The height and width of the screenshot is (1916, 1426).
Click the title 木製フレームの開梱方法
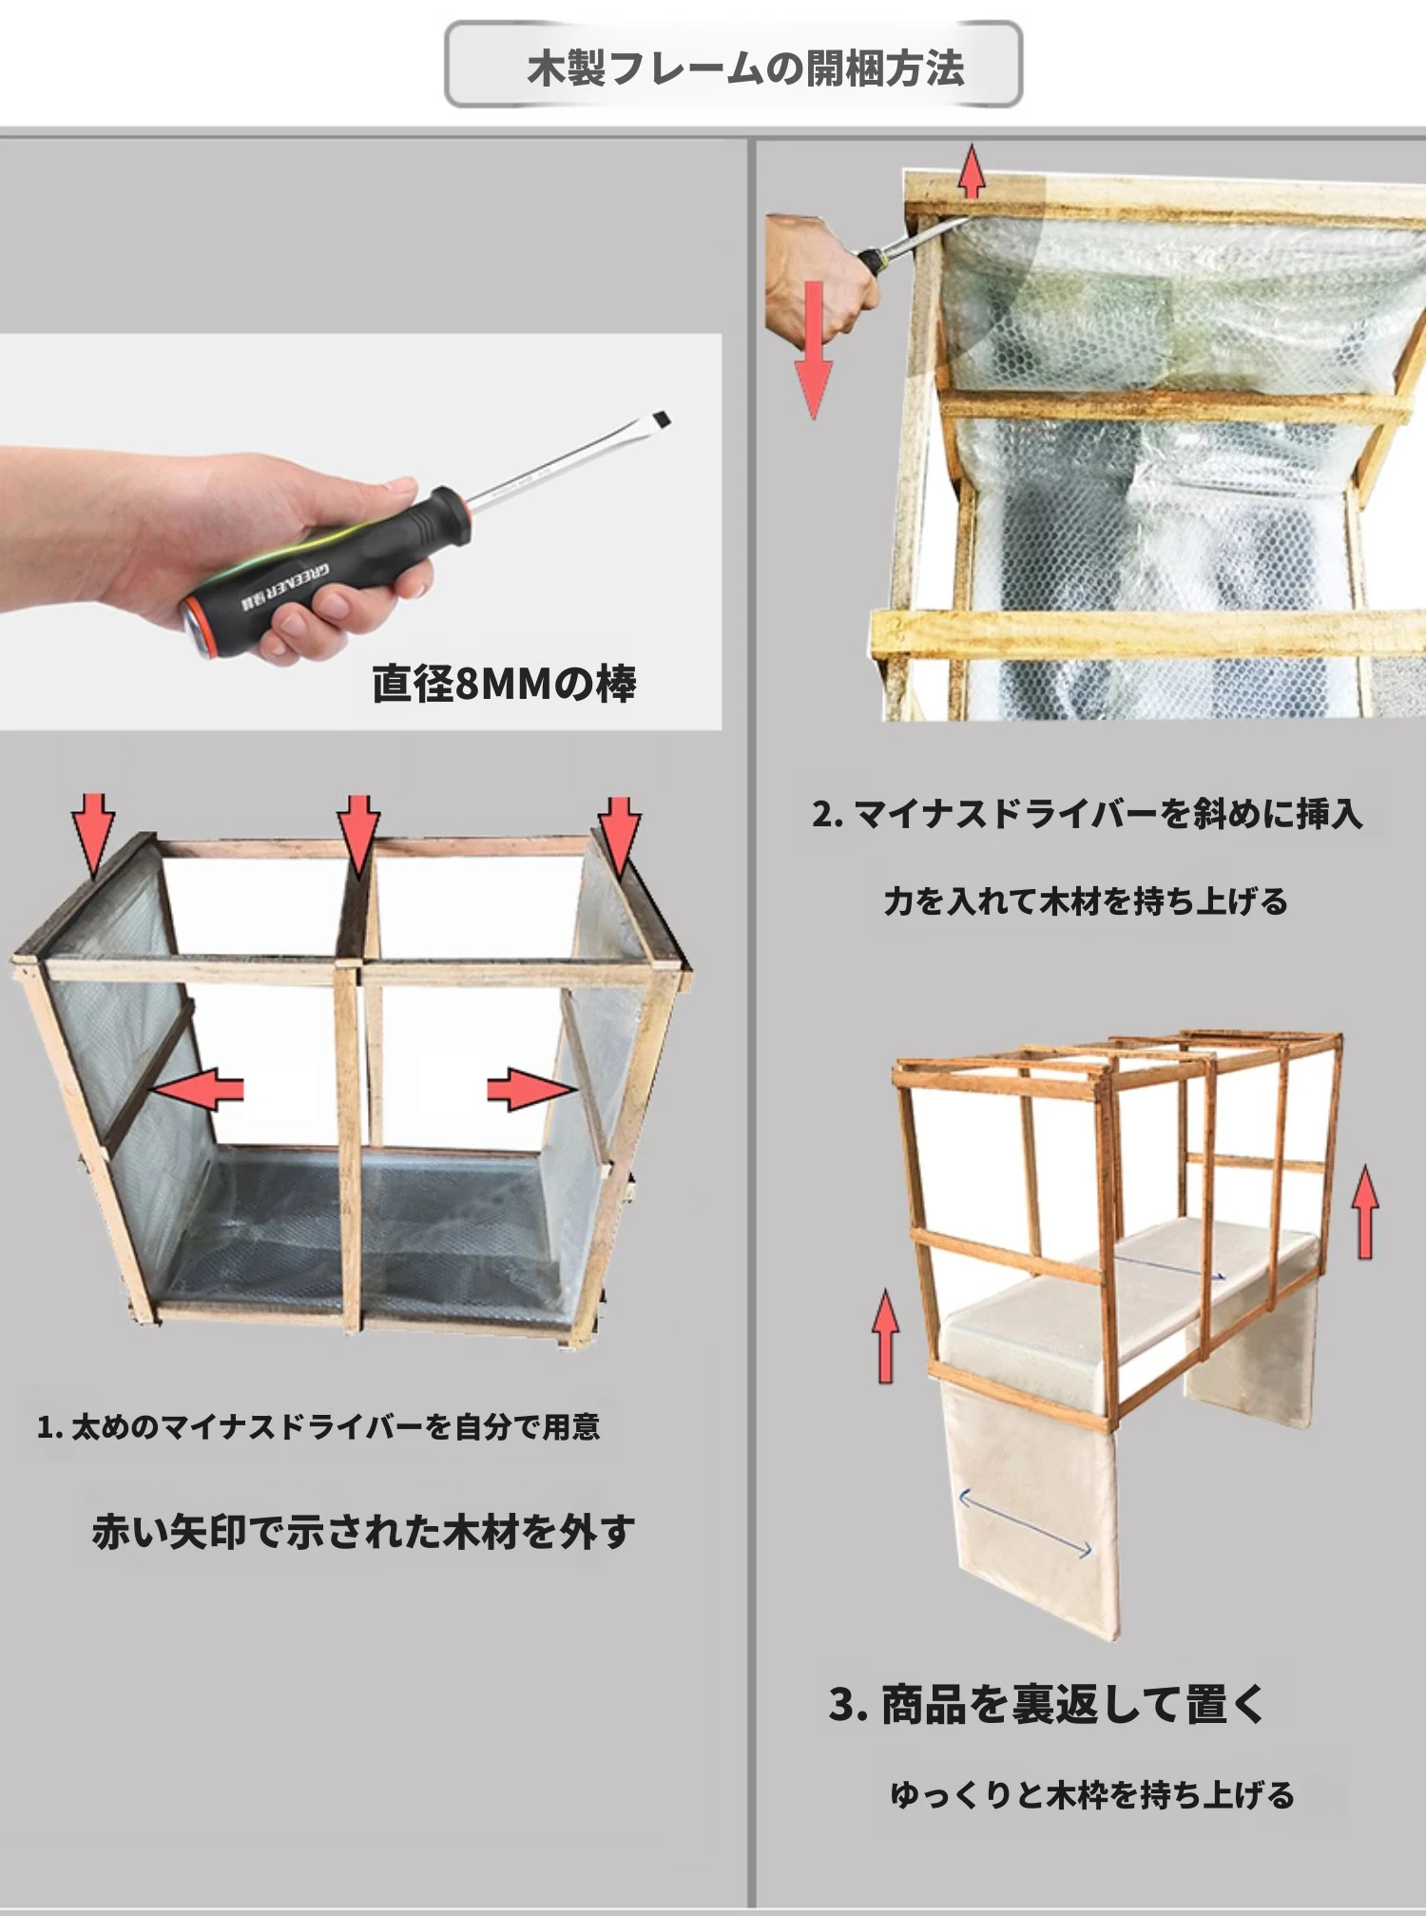[x=746, y=68]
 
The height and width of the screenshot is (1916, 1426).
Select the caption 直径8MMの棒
[x=504, y=683]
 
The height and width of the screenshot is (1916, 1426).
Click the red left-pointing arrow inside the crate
[x=197, y=1089]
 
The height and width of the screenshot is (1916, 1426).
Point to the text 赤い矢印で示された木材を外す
[x=363, y=1532]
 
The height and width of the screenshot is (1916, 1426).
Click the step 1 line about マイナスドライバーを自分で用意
[x=318, y=1426]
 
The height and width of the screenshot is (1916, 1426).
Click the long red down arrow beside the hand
[x=814, y=350]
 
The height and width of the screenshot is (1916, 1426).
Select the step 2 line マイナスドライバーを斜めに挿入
[x=1088, y=814]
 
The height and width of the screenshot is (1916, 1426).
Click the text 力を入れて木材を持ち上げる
[x=1086, y=900]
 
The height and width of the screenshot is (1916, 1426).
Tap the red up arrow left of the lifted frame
[x=885, y=1336]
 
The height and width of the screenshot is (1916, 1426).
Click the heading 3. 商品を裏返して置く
[x=1046, y=1703]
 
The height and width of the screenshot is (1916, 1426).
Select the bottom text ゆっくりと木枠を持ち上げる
[x=1092, y=1794]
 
